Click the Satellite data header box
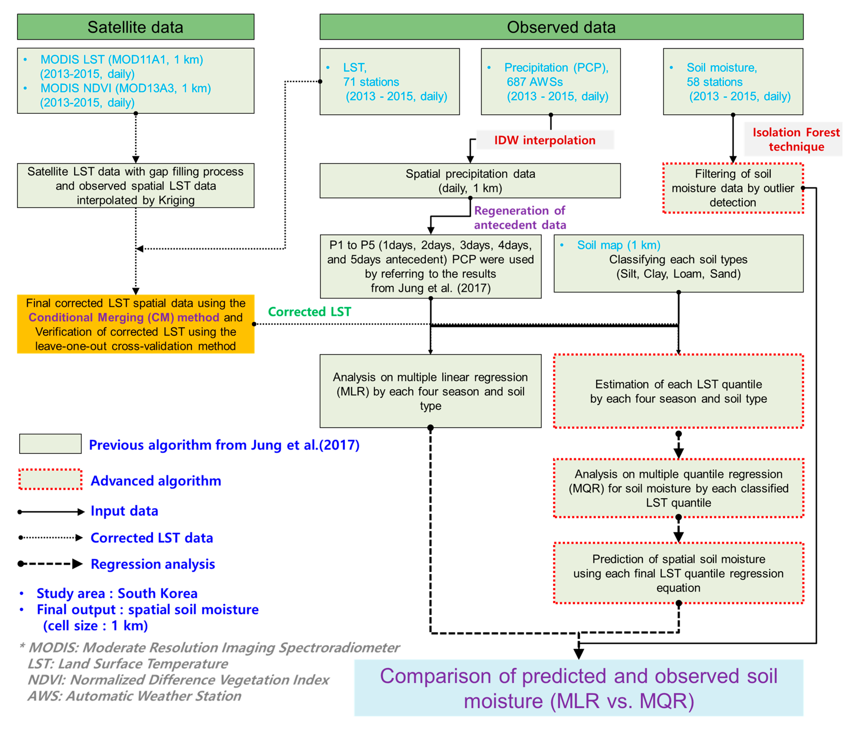click(x=135, y=27)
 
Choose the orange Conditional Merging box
click(x=135, y=324)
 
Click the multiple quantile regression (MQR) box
click(x=678, y=488)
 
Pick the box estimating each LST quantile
click(x=678, y=391)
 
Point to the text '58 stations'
click(x=714, y=82)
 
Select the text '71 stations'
click(x=371, y=82)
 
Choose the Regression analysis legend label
click(x=153, y=564)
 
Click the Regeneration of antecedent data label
click(x=520, y=218)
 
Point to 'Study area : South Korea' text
click(x=117, y=594)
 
